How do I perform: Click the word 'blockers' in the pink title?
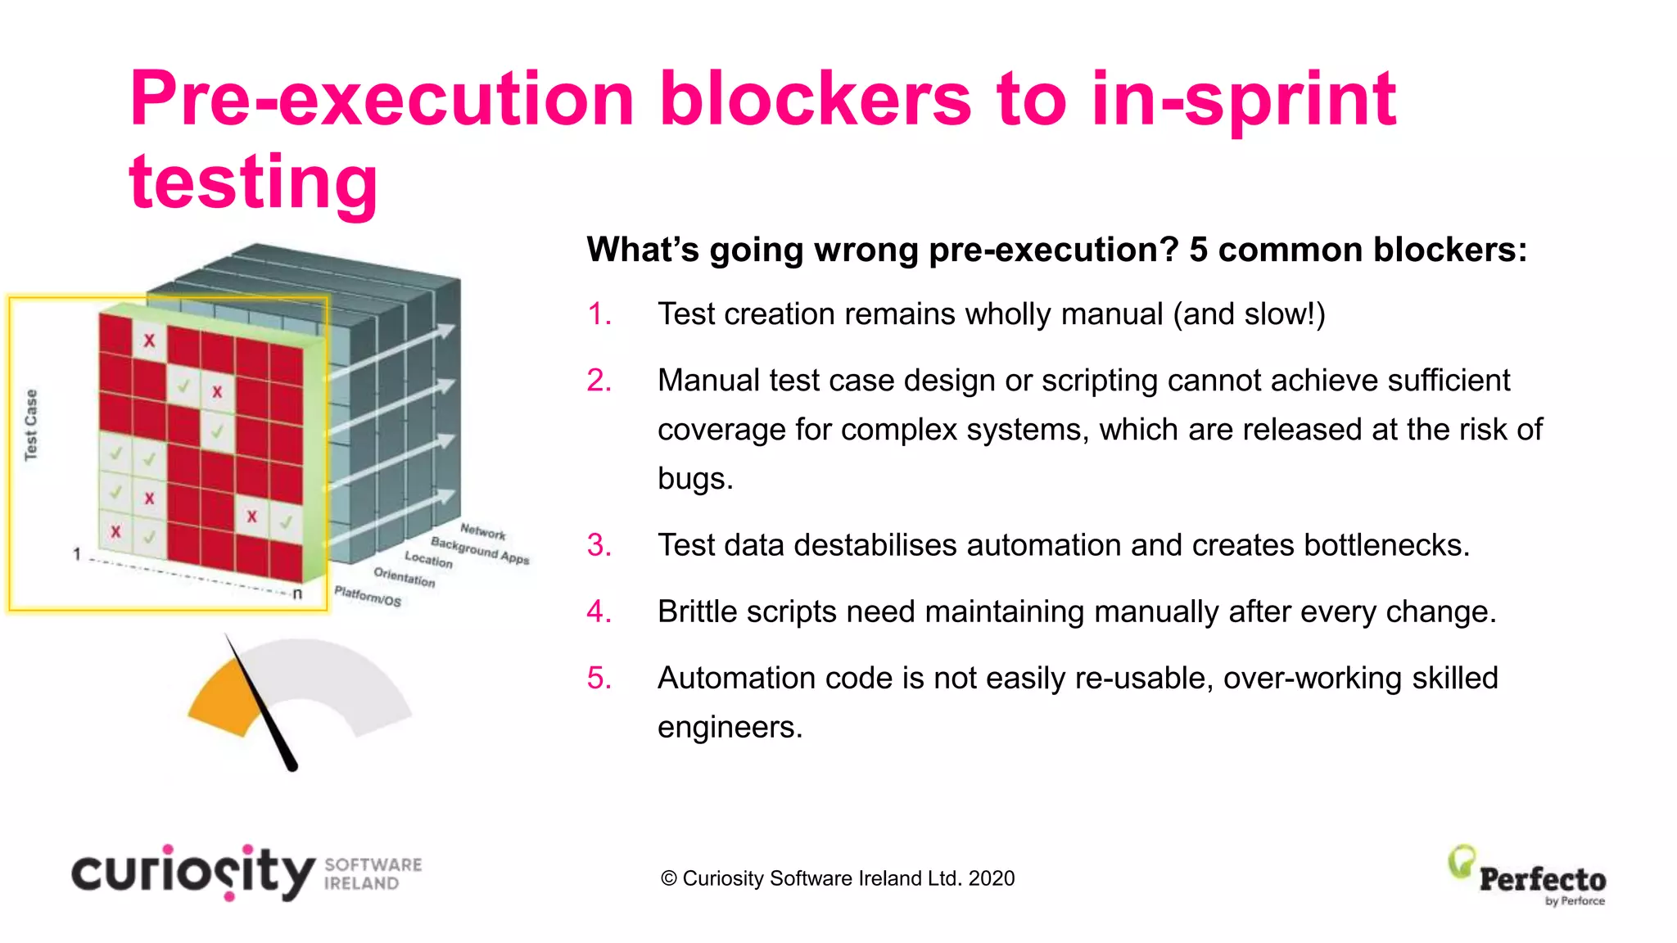click(x=815, y=100)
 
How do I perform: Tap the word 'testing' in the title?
click(x=254, y=182)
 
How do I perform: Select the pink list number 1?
click(x=599, y=314)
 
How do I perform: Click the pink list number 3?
click(x=599, y=545)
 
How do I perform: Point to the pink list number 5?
click(x=599, y=679)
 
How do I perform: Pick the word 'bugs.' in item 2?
click(x=695, y=479)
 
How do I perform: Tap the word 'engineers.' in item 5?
click(x=730, y=728)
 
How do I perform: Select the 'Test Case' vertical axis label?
click(x=31, y=425)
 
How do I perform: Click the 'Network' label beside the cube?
click(x=482, y=532)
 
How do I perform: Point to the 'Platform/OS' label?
click(x=368, y=596)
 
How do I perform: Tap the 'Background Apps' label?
click(x=480, y=550)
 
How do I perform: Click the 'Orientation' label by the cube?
click(x=405, y=577)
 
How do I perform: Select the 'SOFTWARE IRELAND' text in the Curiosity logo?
click(x=373, y=874)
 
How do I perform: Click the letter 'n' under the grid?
click(x=297, y=593)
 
